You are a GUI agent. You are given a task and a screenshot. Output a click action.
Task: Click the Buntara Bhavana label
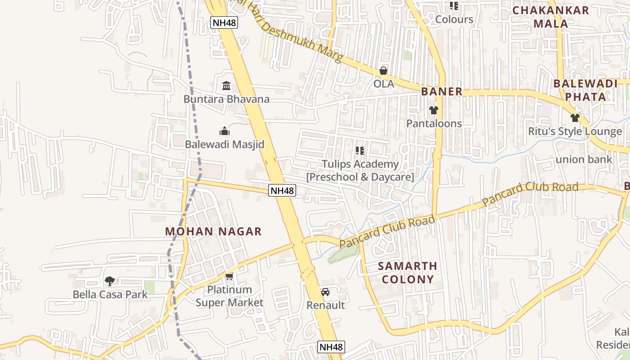click(226, 99)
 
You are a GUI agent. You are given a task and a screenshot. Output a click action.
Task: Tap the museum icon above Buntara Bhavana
click(226, 85)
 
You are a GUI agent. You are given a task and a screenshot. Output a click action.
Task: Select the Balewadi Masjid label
click(225, 144)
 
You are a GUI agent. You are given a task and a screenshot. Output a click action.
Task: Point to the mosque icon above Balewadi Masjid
click(225, 131)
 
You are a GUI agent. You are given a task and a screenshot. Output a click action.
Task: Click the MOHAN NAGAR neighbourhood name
click(213, 232)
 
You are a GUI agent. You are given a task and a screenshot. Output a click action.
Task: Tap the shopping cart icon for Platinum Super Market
click(229, 276)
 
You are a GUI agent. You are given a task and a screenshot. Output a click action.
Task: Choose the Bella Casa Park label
click(110, 295)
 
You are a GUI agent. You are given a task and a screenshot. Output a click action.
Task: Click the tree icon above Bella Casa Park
click(109, 282)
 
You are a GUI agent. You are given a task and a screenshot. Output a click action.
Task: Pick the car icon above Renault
click(325, 292)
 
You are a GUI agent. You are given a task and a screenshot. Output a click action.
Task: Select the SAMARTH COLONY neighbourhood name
click(408, 273)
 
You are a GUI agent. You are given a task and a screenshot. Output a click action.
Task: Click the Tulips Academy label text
click(360, 164)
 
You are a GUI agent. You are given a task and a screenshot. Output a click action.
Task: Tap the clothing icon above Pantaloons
click(434, 110)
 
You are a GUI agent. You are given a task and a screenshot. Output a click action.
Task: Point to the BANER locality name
click(442, 92)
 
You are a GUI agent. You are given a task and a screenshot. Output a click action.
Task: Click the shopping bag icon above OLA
click(383, 71)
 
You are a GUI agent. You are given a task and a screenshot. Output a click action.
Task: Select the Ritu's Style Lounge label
click(575, 131)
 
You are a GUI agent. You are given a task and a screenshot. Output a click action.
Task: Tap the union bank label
click(584, 159)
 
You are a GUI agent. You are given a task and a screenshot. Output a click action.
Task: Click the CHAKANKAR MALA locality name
click(550, 17)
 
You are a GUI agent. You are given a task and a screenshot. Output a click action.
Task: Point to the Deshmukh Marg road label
click(297, 36)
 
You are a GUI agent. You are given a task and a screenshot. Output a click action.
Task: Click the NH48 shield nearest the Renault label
click(331, 347)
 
